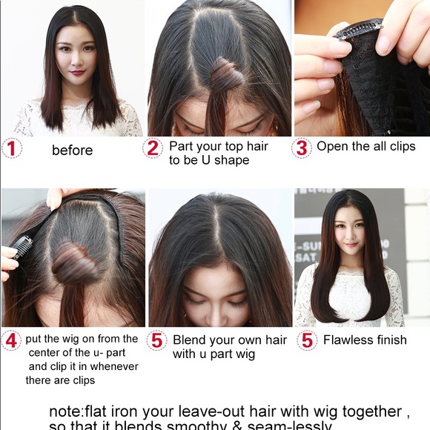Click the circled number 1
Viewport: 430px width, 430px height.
point(11,148)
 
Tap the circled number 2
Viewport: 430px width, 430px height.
point(153,148)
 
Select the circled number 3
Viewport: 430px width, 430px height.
point(301,148)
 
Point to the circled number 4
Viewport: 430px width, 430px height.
point(11,341)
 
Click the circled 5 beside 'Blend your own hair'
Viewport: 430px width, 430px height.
point(156,341)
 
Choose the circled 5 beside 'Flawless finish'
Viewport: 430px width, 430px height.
point(307,340)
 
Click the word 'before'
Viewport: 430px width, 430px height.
point(72,150)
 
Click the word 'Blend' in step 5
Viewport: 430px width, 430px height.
point(189,340)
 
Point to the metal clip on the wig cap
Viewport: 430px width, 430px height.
point(359,30)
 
